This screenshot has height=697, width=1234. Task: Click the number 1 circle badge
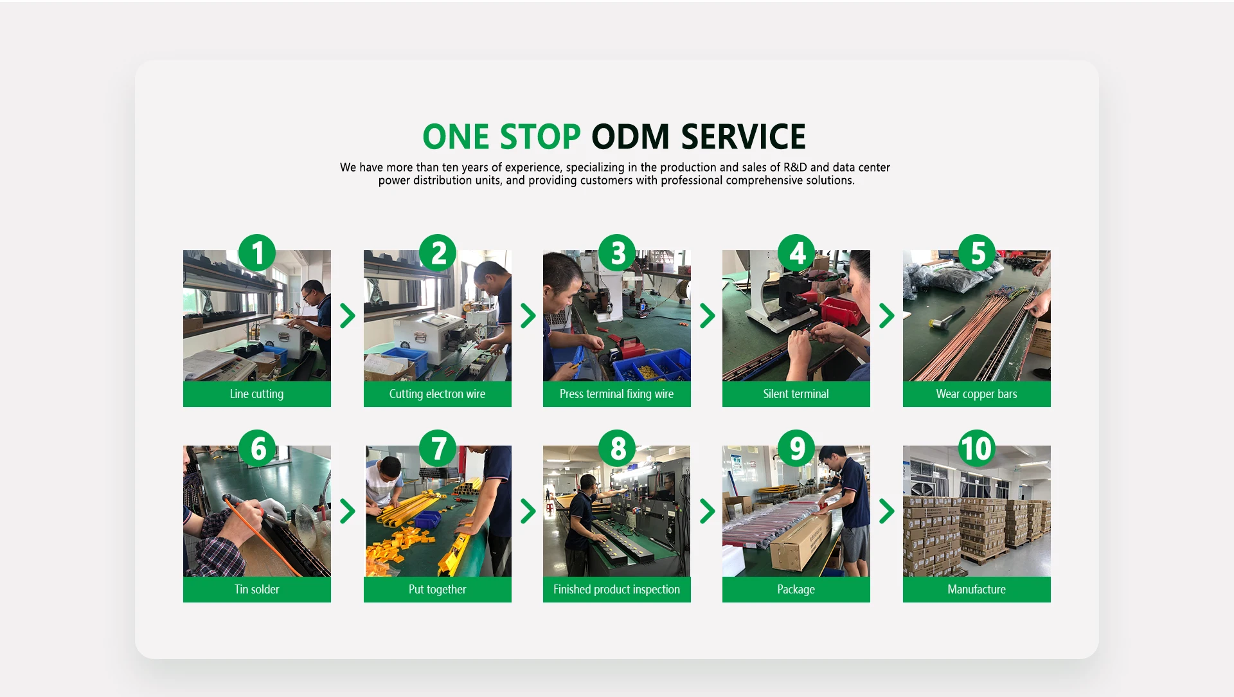click(x=257, y=253)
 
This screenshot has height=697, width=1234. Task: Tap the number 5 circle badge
click(x=977, y=253)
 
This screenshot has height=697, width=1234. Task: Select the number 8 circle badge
click(x=617, y=448)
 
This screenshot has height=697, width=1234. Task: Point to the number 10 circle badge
click(x=977, y=448)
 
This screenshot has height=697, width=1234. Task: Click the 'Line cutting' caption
click(x=256, y=394)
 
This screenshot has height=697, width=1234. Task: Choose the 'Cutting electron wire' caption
click(x=437, y=394)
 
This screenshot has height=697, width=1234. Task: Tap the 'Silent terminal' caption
click(x=796, y=394)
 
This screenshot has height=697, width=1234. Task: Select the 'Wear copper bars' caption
click(x=976, y=394)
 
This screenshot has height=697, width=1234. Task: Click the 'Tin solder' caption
click(x=256, y=590)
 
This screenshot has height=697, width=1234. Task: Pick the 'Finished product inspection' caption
click(x=616, y=590)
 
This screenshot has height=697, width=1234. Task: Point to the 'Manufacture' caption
click(x=976, y=590)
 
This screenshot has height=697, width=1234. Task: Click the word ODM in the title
click(x=630, y=137)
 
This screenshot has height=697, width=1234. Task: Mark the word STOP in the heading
click(x=540, y=137)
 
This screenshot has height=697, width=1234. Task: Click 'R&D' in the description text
click(x=795, y=167)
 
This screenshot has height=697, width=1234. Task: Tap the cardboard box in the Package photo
click(x=800, y=541)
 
